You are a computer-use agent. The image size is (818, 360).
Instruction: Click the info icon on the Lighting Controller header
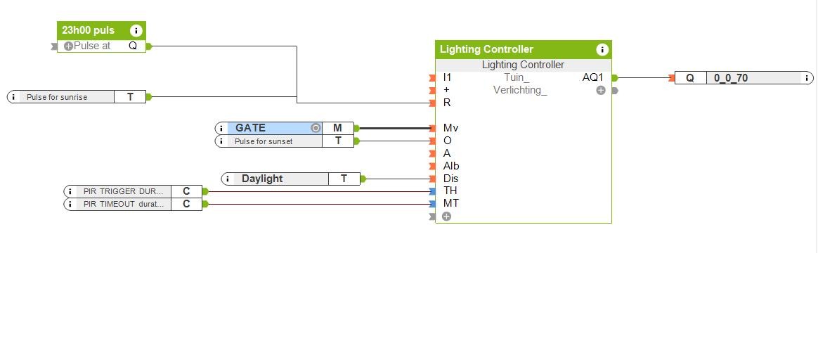click(x=602, y=49)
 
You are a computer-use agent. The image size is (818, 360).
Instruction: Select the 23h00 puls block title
click(x=88, y=30)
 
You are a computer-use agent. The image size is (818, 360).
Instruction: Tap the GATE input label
click(x=250, y=128)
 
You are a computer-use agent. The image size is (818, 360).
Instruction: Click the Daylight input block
click(x=262, y=179)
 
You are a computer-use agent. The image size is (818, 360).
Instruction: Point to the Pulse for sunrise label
click(x=57, y=97)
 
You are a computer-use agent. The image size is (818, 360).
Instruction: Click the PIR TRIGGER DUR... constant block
click(x=123, y=191)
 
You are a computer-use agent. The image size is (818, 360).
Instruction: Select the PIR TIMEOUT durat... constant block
click(x=123, y=204)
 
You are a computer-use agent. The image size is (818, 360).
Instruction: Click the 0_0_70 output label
click(x=731, y=78)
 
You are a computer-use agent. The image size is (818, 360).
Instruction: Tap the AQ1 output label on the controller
click(x=592, y=77)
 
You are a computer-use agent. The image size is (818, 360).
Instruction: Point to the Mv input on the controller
click(x=450, y=128)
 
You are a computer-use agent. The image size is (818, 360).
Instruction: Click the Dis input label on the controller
click(x=450, y=179)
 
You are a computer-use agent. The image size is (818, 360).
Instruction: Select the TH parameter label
click(x=450, y=191)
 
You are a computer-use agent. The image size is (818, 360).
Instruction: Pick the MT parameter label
click(x=450, y=203)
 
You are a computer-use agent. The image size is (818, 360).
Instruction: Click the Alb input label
click(x=451, y=166)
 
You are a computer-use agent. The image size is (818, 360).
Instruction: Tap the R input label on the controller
click(x=447, y=103)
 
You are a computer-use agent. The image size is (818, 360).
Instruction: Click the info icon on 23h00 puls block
click(x=136, y=30)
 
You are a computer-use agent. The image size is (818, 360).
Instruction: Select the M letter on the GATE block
click(x=337, y=128)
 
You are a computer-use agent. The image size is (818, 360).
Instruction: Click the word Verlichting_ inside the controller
click(x=519, y=90)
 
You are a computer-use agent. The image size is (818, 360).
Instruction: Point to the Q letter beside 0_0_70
click(x=690, y=78)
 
